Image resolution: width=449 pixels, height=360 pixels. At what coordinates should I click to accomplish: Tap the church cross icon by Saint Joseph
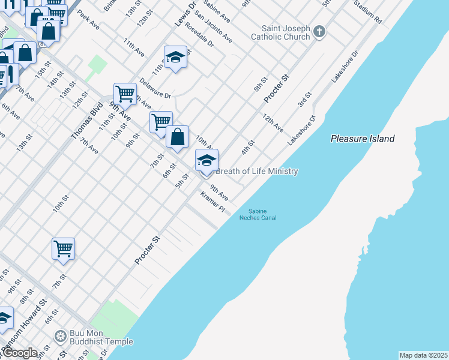319,31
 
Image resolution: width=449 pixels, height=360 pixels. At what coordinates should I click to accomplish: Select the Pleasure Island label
363,139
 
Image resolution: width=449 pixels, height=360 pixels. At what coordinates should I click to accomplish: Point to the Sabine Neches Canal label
258,214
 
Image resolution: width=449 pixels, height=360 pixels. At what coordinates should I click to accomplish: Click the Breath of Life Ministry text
256,172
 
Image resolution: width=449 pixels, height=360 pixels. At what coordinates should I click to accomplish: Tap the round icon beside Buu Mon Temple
59,336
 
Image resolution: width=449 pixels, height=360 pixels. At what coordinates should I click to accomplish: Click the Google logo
19,353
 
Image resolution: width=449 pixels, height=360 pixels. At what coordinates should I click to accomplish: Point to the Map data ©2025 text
423,355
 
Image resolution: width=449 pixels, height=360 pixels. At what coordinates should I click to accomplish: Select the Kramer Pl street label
212,203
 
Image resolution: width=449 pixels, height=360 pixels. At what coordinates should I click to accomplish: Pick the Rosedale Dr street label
199,35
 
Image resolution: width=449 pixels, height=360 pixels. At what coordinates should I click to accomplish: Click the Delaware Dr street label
155,88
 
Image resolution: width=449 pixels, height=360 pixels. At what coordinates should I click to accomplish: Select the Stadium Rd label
367,11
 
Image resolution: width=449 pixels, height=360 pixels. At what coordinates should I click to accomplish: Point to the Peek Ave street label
88,23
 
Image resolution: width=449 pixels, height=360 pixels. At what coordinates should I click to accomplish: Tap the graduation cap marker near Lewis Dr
175,58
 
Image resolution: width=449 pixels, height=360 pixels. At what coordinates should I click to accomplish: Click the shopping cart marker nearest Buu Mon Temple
63,248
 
